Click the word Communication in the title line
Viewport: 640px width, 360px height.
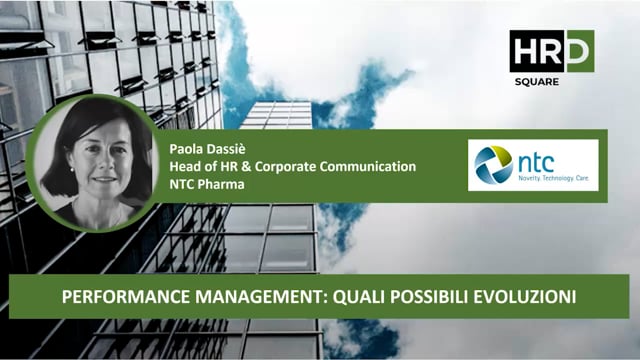pyautogui.click(x=369, y=166)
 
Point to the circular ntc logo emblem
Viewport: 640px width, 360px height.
pyautogui.click(x=494, y=164)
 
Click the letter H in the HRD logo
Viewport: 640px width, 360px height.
pyautogui.click(x=523, y=51)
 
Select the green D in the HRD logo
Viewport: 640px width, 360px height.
pyautogui.click(x=579, y=51)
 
